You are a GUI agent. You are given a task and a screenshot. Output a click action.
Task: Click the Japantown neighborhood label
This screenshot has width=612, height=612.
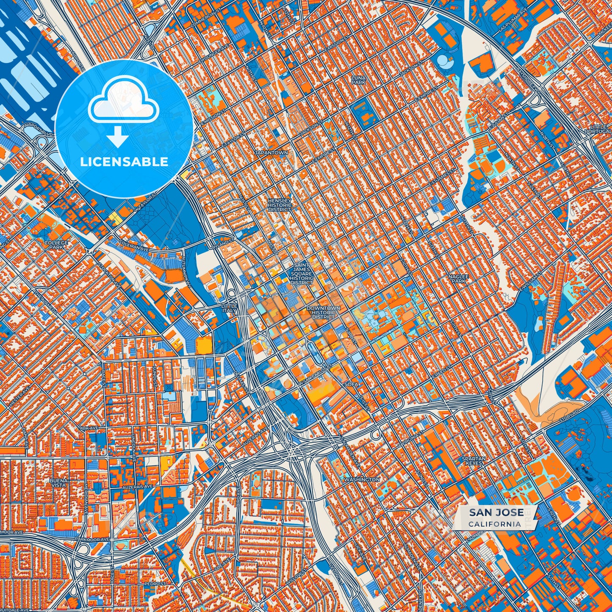click(271, 152)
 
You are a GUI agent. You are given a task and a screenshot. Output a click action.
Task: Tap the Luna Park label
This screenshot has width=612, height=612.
click(358, 80)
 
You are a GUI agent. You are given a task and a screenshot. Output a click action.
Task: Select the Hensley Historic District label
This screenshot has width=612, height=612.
click(280, 205)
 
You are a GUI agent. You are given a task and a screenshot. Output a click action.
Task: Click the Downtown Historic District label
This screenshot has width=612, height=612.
click(323, 313)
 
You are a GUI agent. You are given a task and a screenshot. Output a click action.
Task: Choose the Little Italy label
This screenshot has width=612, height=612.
click(230, 308)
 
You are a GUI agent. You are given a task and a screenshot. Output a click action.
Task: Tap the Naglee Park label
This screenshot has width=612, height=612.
click(458, 279)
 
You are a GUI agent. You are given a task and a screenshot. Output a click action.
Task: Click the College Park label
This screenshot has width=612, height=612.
click(56, 245)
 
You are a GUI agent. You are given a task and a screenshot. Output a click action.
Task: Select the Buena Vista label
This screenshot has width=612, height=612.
click(58, 483)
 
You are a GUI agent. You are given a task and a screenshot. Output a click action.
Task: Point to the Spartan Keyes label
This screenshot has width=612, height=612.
click(474, 461)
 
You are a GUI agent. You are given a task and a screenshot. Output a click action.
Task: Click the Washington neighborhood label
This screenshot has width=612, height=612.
click(362, 479)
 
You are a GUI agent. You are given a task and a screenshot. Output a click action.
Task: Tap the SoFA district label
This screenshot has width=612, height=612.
click(352, 384)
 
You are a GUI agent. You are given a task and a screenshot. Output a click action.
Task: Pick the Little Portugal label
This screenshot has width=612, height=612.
click(601, 129)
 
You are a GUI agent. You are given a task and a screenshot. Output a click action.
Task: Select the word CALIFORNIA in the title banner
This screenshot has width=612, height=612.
click(495, 524)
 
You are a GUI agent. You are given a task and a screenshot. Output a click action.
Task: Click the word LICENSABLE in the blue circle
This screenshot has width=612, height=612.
click(124, 162)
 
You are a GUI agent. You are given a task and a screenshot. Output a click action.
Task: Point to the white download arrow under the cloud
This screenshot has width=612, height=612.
click(118, 138)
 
